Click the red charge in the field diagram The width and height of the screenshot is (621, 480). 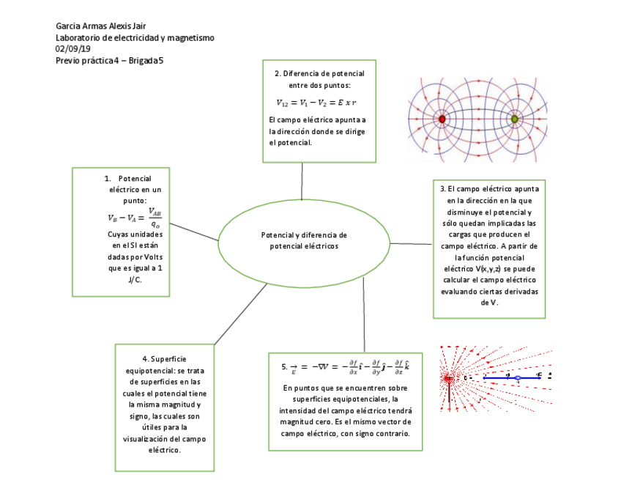tap(442, 119)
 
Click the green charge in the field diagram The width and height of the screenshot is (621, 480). tap(514, 119)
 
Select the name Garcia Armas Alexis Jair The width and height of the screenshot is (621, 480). tap(101, 26)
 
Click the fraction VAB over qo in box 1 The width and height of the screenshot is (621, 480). tap(155, 218)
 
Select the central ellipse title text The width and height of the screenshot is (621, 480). tap(304, 240)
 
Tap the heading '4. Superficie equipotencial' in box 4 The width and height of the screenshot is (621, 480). tap(165, 365)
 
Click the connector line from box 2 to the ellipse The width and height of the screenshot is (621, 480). tap(302, 180)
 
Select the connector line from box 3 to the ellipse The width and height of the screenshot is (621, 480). tap(411, 243)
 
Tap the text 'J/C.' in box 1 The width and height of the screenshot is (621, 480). tap(135, 280)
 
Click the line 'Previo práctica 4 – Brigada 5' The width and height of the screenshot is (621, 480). tap(110, 61)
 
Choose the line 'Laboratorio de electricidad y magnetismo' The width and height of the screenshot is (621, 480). tap(135, 37)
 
